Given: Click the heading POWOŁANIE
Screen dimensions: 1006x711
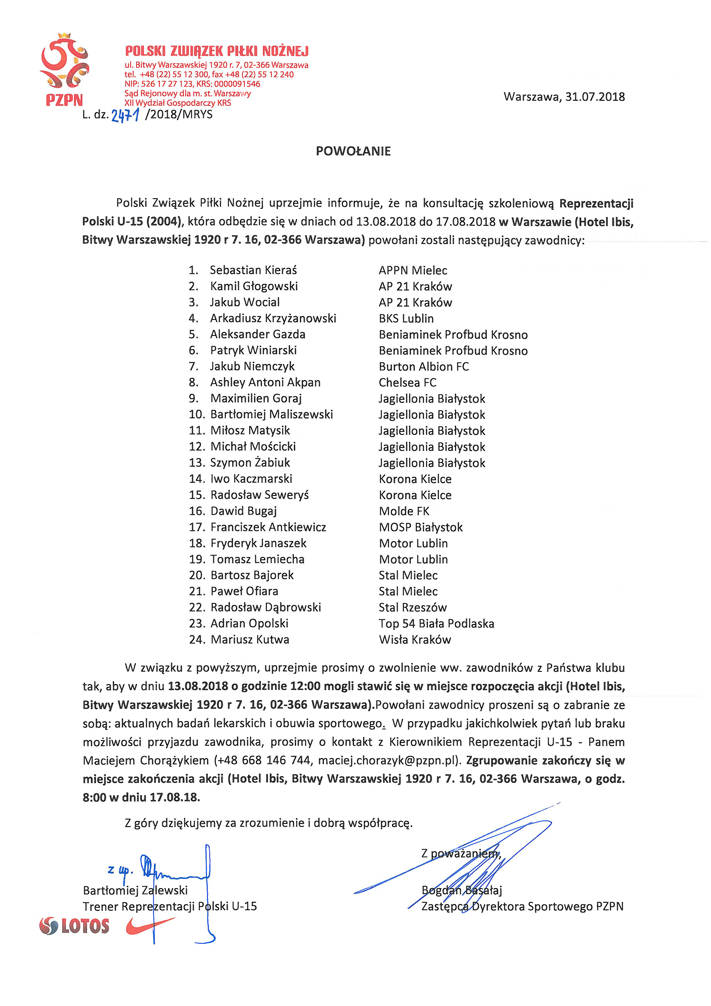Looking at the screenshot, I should pyautogui.click(x=353, y=151).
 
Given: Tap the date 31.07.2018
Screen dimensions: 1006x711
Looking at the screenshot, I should pyautogui.click(x=595, y=97).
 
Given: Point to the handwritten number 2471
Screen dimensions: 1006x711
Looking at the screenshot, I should pyautogui.click(x=125, y=115).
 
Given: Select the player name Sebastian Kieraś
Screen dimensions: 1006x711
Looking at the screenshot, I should pyautogui.click(x=253, y=270).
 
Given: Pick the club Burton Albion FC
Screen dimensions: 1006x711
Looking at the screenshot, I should pyautogui.click(x=423, y=366).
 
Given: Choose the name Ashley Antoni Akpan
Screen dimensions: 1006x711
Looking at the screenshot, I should pyautogui.click(x=265, y=382).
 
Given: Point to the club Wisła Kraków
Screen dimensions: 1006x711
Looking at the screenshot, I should pyautogui.click(x=415, y=640).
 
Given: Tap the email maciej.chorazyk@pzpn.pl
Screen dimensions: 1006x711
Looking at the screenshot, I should pyautogui.click(x=387, y=760).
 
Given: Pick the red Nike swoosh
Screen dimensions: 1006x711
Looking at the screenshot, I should pyautogui.click(x=149, y=925).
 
